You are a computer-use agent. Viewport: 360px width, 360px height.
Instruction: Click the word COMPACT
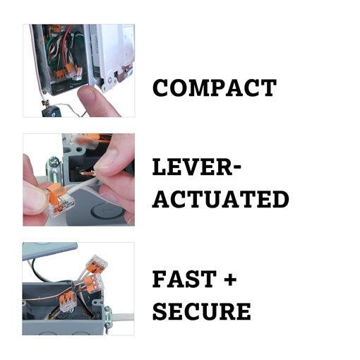[214, 88]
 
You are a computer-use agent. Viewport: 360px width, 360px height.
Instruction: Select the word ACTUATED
[220, 199]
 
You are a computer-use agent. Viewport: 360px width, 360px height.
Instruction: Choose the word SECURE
[201, 311]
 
